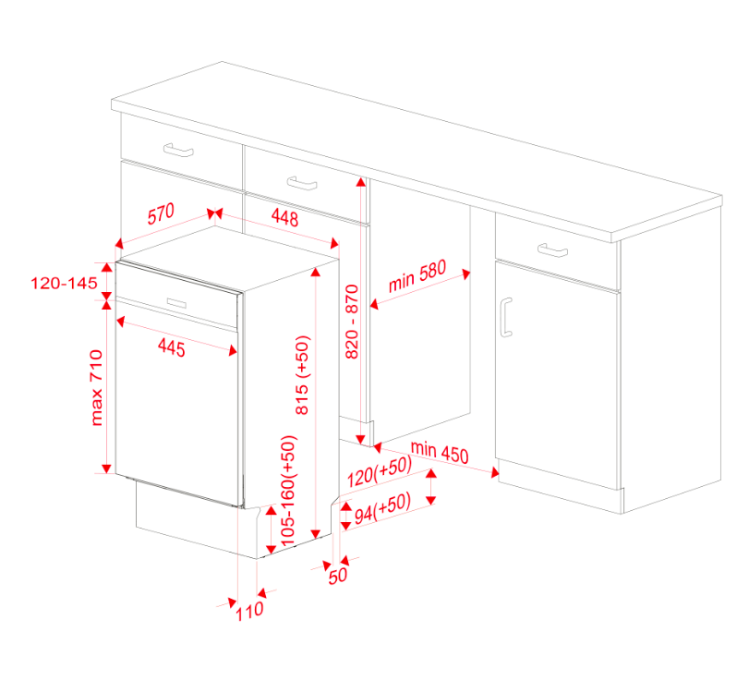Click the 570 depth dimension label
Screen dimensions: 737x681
click(x=161, y=213)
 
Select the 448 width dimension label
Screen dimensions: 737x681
click(x=284, y=217)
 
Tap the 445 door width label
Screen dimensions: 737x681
click(x=172, y=347)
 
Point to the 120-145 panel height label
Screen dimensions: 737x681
click(x=64, y=283)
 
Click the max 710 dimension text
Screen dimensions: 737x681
click(x=96, y=388)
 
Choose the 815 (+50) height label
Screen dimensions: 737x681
click(x=302, y=375)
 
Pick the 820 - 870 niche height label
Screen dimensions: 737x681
click(x=352, y=322)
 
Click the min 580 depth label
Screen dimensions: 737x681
click(x=417, y=276)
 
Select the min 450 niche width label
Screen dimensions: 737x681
click(x=440, y=453)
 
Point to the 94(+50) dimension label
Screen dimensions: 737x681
click(x=382, y=508)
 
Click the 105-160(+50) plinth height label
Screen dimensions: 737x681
click(x=288, y=491)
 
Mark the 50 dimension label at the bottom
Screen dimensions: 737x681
click(x=338, y=576)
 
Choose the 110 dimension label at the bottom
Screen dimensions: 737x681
click(x=249, y=612)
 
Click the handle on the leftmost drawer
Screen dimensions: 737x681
click(x=178, y=150)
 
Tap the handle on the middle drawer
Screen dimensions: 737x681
click(x=302, y=183)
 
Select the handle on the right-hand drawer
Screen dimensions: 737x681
click(x=552, y=250)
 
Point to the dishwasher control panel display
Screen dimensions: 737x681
click(x=176, y=302)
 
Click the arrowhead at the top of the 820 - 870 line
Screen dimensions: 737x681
click(x=360, y=182)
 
